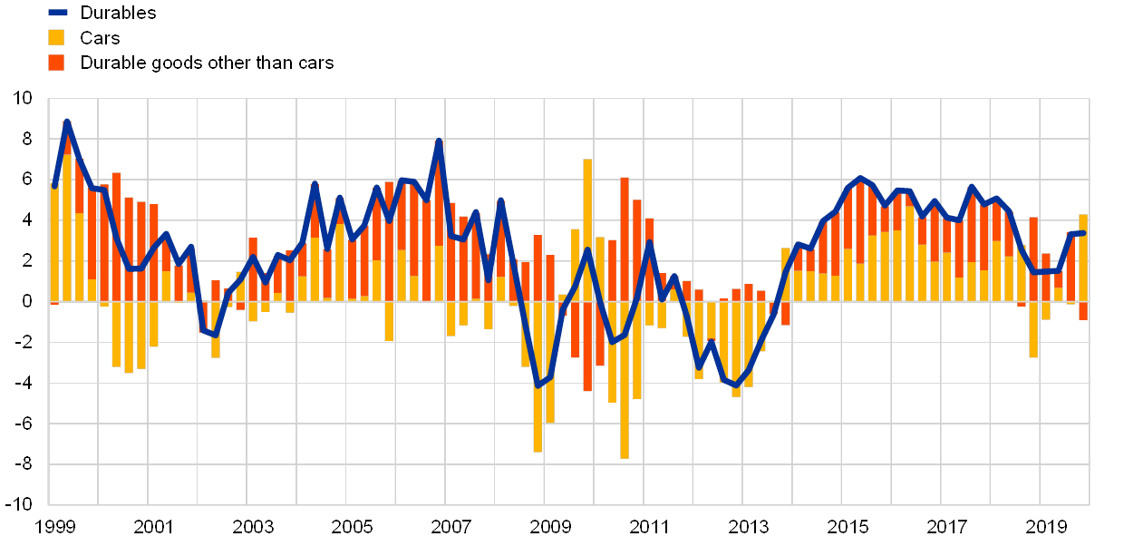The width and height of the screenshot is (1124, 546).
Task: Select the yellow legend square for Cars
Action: pyautogui.click(x=56, y=37)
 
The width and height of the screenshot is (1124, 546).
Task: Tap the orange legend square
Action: pyautogui.click(x=56, y=63)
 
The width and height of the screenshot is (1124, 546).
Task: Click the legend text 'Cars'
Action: pyautogui.click(x=100, y=37)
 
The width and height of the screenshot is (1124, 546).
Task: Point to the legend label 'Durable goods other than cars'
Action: pyautogui.click(x=208, y=63)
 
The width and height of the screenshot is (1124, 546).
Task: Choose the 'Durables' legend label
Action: pyautogui.click(x=118, y=13)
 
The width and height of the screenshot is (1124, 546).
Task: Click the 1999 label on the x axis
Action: pyautogui.click(x=54, y=527)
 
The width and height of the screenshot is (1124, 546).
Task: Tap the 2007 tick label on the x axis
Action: pyautogui.click(x=451, y=527)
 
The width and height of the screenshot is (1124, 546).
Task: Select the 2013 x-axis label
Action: pyautogui.click(x=748, y=527)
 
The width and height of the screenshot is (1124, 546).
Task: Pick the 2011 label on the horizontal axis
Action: pyautogui.click(x=649, y=527)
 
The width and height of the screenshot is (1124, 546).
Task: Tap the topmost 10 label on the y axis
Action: pyautogui.click(x=23, y=97)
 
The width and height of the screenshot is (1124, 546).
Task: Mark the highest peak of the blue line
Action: pyautogui.click(x=67, y=122)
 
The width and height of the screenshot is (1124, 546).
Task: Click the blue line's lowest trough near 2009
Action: pyautogui.click(x=538, y=385)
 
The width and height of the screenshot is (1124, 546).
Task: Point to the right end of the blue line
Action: pyautogui.click(x=1082, y=233)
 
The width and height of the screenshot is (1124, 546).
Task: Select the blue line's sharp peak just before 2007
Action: pyautogui.click(x=439, y=141)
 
